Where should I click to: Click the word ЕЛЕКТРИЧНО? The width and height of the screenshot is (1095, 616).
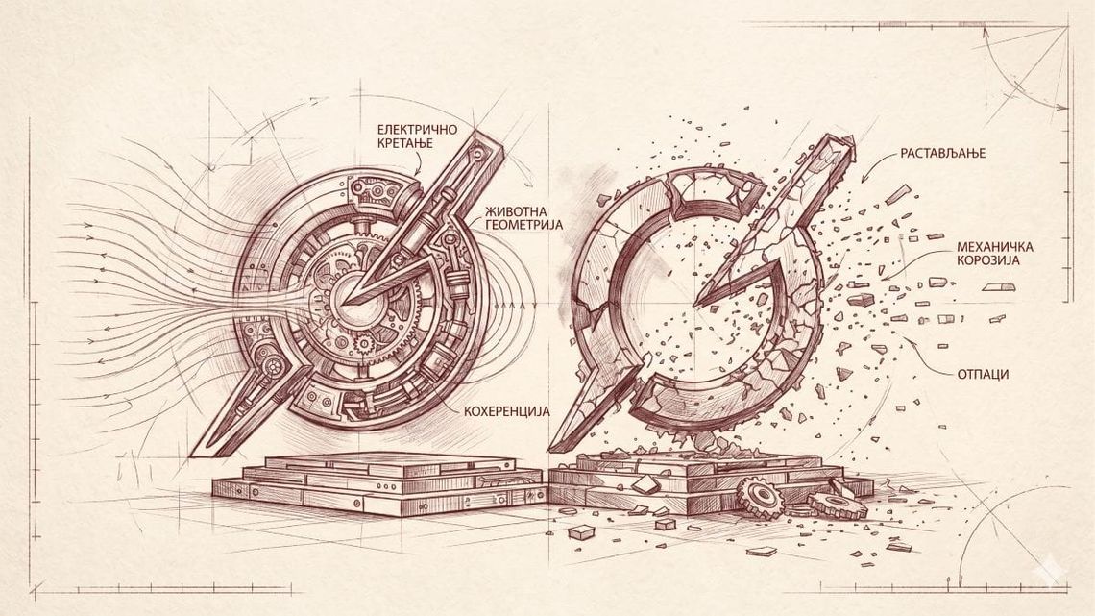click(417, 129)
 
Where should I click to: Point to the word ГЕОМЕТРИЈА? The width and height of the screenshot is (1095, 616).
click(523, 225)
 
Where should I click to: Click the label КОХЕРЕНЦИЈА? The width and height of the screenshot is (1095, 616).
click(507, 411)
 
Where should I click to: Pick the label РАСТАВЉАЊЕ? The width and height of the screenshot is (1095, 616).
click(943, 153)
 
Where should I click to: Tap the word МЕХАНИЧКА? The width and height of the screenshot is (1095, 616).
click(995, 247)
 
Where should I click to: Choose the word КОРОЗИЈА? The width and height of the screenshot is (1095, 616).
click(988, 260)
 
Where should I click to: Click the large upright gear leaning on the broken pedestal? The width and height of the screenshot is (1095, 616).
click(759, 498)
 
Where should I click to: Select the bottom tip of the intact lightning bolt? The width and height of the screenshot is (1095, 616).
click(193, 455)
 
